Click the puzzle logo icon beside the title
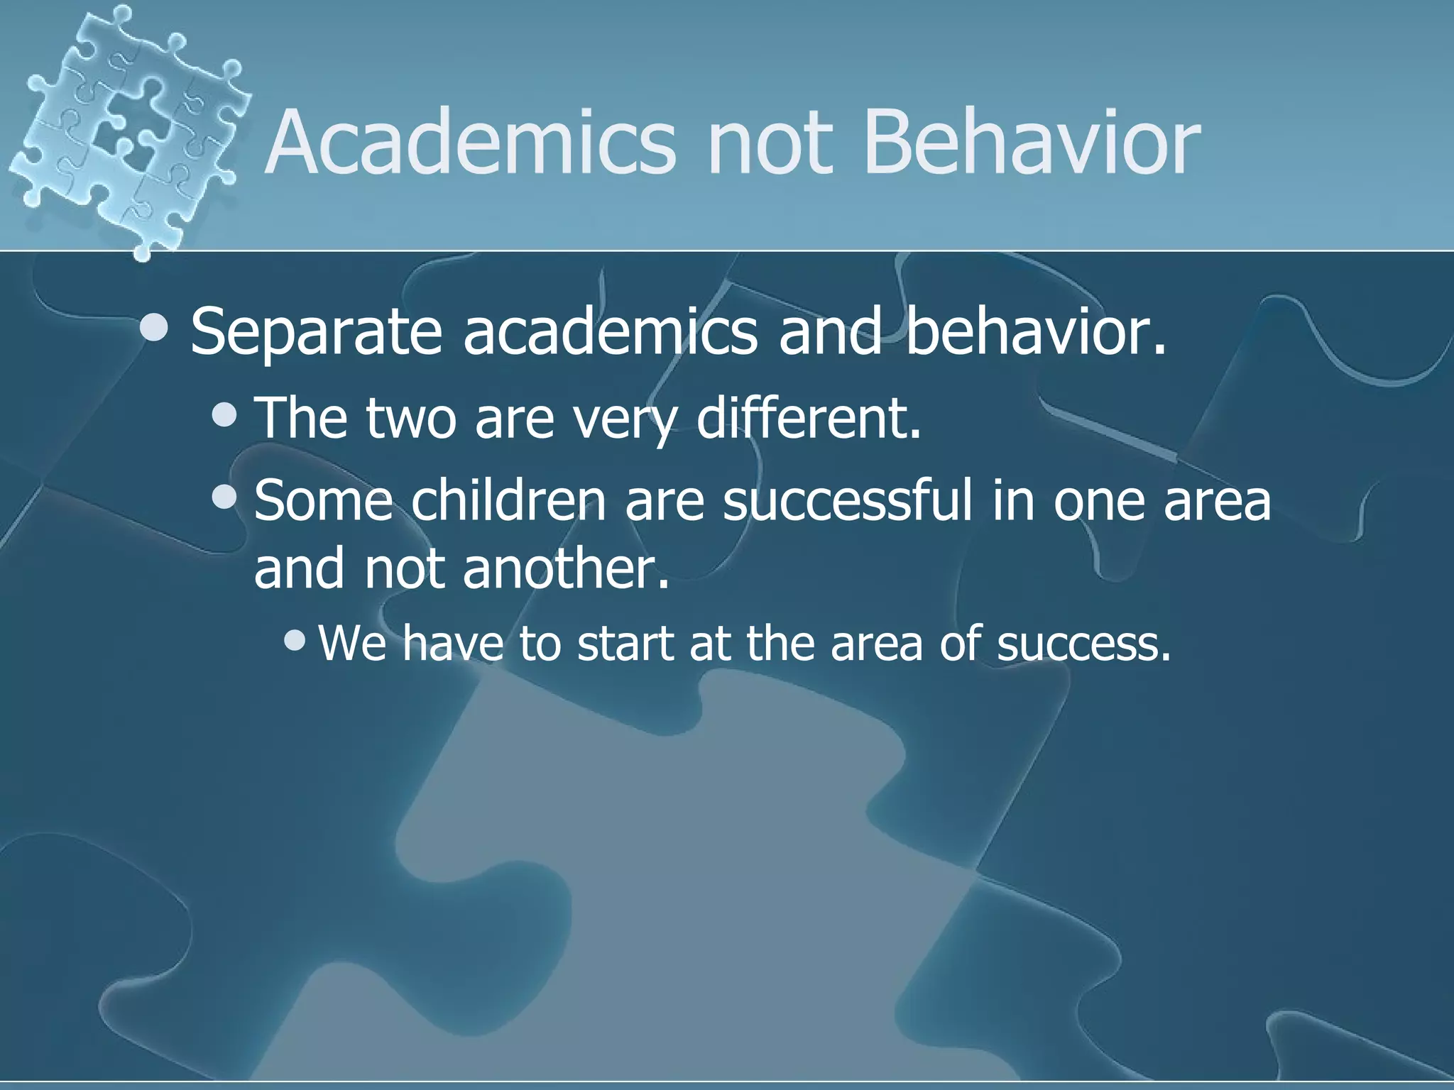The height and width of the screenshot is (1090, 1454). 128,128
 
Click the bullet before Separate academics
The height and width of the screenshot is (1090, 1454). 154,328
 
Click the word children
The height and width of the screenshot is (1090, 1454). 508,501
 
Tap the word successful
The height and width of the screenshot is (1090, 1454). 846,501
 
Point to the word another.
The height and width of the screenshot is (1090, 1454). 566,569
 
